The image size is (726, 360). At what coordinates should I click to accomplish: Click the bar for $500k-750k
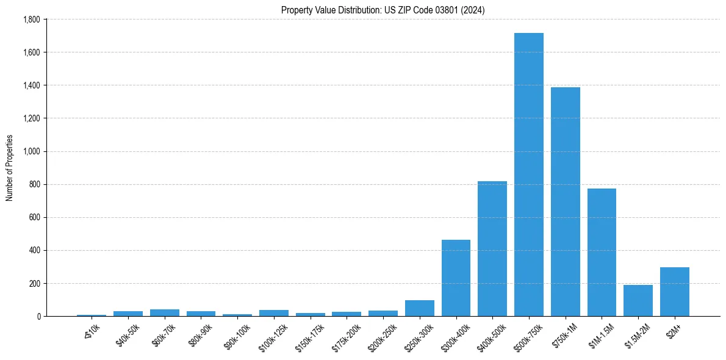(x=528, y=175)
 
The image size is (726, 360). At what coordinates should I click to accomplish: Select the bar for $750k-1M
(x=565, y=202)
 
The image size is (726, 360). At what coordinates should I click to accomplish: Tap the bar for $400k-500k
(x=492, y=249)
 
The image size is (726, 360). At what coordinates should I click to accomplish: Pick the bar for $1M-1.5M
(x=602, y=253)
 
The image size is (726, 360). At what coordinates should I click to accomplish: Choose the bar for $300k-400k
(x=456, y=278)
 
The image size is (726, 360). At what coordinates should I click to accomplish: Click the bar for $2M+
(x=674, y=292)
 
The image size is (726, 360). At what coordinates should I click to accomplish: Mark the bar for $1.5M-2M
(x=638, y=301)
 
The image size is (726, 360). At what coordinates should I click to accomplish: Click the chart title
(x=383, y=10)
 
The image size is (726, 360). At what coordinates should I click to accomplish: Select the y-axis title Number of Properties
(x=10, y=168)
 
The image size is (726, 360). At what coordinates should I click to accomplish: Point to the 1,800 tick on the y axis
(x=31, y=20)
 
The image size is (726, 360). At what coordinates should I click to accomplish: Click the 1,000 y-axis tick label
(x=31, y=151)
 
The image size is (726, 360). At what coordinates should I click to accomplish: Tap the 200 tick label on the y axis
(x=34, y=284)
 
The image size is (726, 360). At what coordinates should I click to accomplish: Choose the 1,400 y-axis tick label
(x=31, y=85)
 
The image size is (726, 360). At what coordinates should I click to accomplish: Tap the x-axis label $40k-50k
(x=127, y=333)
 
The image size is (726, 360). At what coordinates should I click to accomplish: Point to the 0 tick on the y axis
(x=38, y=317)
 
